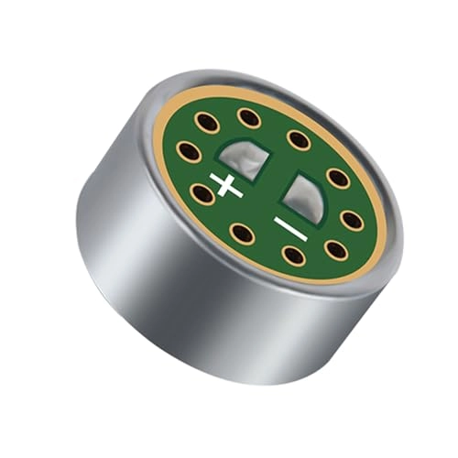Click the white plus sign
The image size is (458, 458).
[x=226, y=185]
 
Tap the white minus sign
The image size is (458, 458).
[x=289, y=225]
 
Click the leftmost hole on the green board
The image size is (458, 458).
[x=190, y=152]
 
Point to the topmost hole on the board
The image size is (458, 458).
[x=248, y=117]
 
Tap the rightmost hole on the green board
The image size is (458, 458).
[x=351, y=220]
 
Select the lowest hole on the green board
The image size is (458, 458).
[x=293, y=255]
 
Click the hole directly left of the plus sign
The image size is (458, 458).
[x=202, y=192]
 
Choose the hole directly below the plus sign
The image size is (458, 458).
[x=242, y=233]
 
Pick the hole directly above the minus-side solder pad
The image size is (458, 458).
[x=298, y=139]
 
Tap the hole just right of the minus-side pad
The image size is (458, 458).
[x=338, y=178]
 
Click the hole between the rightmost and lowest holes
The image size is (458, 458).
[x=335, y=249]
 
